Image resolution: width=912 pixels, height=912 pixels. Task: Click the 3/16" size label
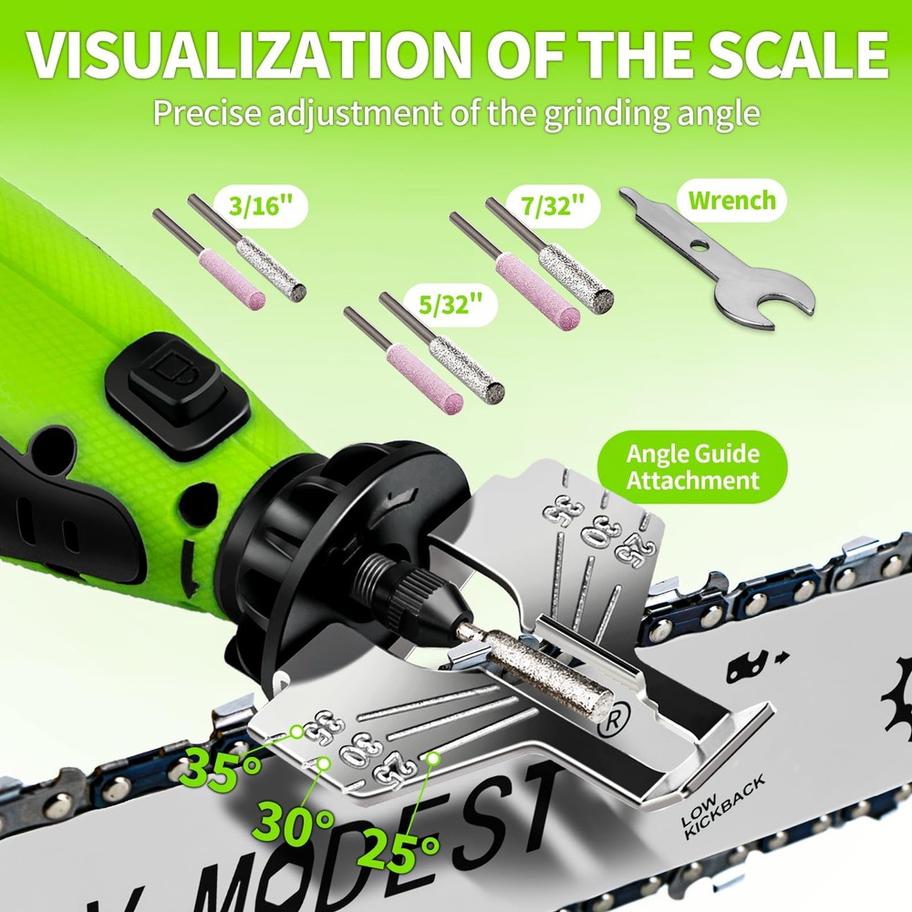(259, 206)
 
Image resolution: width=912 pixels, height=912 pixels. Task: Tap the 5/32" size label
(451, 304)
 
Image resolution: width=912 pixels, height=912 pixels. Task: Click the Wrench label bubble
(731, 200)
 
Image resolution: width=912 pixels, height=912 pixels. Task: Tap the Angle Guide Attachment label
(692, 467)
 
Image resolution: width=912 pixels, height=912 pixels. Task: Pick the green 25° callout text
(398, 854)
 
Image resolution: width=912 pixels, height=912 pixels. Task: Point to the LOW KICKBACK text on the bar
(723, 808)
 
